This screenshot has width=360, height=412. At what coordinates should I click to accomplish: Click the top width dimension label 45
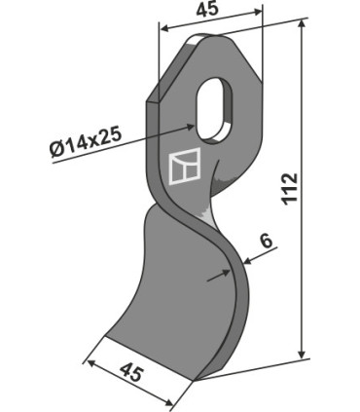(x=207, y=10)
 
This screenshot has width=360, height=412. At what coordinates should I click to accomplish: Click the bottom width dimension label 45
(x=131, y=373)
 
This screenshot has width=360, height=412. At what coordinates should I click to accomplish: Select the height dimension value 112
(x=290, y=189)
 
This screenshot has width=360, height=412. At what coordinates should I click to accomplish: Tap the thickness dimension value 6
(x=267, y=242)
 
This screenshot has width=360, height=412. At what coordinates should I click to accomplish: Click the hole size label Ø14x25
(x=86, y=142)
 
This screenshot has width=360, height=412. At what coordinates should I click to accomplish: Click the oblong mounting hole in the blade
(x=213, y=109)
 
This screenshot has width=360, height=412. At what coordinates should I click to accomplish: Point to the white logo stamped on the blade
(x=185, y=167)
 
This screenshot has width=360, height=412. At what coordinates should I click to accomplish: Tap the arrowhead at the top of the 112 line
(x=303, y=23)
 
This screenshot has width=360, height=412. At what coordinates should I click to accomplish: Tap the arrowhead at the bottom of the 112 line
(x=303, y=354)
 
